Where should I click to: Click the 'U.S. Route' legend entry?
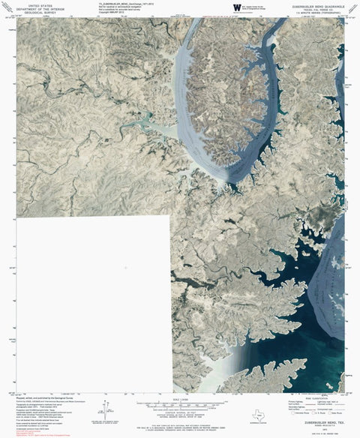pyautogui.click(x=316, y=414)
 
